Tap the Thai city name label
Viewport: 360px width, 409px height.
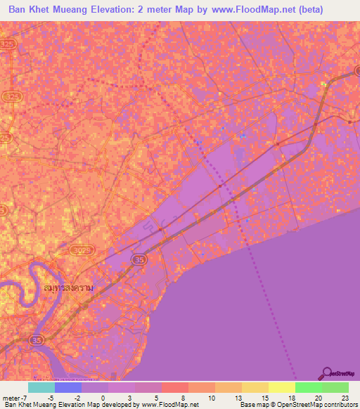[x=70, y=290]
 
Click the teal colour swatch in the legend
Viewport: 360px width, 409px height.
[x=41, y=387]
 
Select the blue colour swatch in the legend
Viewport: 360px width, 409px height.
[x=68, y=387]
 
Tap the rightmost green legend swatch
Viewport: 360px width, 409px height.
[x=335, y=387]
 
